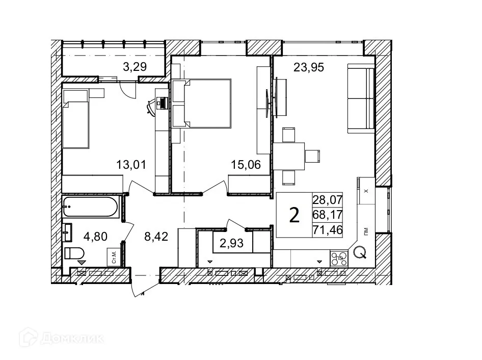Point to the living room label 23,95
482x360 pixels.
[309, 66]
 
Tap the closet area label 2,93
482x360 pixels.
[231, 243]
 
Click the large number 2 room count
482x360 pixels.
[294, 215]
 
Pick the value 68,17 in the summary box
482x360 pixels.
[327, 215]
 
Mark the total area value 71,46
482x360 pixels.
[327, 230]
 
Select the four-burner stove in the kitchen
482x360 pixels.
[339, 258]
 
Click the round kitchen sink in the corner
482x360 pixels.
[360, 252]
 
